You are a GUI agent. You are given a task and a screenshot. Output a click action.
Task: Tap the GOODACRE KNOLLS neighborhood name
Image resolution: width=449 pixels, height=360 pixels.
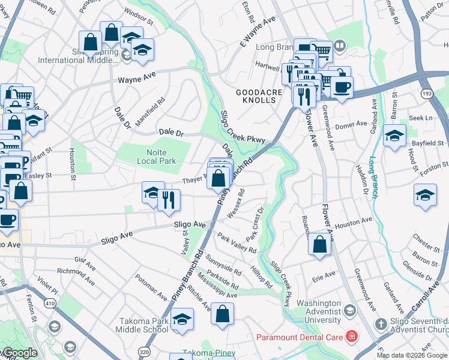[256, 96]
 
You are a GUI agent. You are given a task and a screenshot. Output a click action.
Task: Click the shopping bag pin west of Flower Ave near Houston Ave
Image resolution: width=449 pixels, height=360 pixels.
[320, 244]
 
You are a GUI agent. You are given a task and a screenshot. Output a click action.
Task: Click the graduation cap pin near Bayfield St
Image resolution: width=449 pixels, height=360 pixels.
[394, 135]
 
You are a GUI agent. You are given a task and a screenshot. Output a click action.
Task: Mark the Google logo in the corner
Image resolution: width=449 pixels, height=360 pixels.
[20, 353]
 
